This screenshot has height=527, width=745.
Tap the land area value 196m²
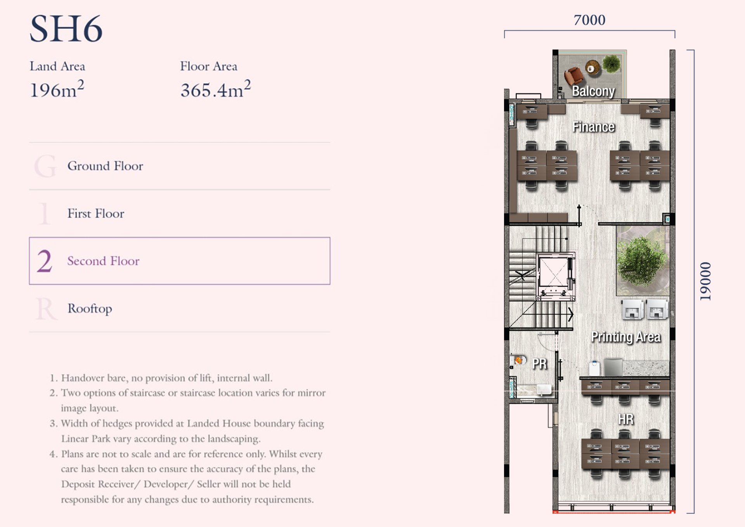57,89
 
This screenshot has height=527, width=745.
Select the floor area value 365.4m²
215,89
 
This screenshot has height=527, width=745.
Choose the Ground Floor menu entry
105,166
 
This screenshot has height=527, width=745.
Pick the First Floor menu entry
96,213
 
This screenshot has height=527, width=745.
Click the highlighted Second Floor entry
180,261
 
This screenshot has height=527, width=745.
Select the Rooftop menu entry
90,309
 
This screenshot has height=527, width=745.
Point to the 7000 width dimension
589,20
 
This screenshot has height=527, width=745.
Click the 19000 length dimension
705,281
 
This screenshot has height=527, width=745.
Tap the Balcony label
593,91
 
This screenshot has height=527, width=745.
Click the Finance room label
593,127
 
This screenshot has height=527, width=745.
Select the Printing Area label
625,337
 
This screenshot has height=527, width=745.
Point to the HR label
625,419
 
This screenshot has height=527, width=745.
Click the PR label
539,364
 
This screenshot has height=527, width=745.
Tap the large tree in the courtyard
642,261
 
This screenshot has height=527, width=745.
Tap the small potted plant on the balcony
612,64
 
